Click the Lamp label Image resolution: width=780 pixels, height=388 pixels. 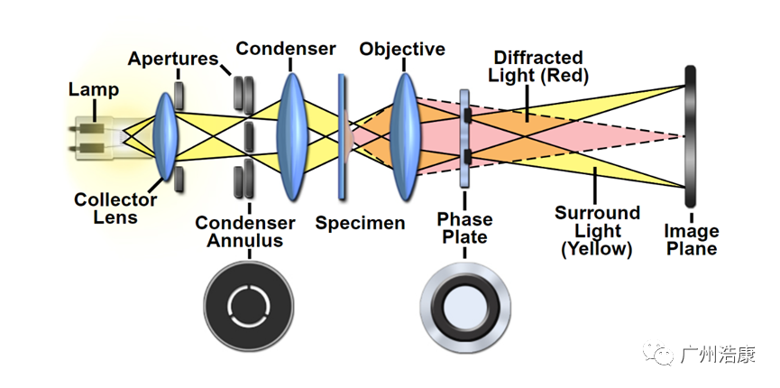(93, 89)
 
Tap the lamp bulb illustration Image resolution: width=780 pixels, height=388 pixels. (99, 138)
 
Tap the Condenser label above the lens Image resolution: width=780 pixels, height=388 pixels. (286, 48)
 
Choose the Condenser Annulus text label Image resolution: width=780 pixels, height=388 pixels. (245, 231)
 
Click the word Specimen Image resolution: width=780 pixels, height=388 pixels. (360, 222)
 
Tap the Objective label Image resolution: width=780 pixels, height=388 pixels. (402, 48)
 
